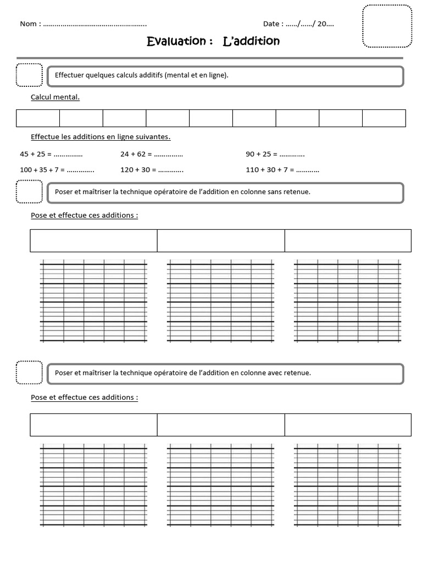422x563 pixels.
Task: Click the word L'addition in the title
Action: [251, 41]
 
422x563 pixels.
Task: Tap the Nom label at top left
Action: [30, 24]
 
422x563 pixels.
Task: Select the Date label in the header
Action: [273, 24]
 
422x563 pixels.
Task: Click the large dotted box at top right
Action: [387, 26]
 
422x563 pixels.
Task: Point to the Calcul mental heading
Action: [55, 97]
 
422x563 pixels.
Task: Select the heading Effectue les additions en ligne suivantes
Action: [101, 137]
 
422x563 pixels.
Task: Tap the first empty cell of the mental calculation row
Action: [38, 118]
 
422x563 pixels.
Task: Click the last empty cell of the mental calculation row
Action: [384, 118]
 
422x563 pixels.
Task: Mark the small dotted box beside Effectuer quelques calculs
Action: [29, 75]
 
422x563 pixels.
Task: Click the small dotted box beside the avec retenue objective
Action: [29, 372]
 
